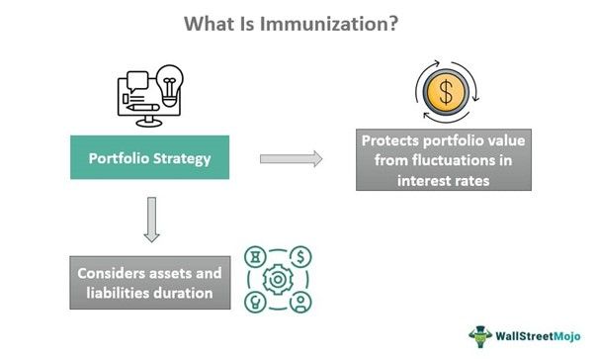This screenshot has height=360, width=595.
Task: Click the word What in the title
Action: [208, 24]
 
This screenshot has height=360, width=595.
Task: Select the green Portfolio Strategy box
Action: [149, 158]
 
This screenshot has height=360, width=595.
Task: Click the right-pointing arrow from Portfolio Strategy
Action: [292, 158]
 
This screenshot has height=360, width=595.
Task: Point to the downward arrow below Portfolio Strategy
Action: [151, 219]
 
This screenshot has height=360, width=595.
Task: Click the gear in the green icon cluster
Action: [279, 280]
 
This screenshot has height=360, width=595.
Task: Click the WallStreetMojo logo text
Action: [530, 332]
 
